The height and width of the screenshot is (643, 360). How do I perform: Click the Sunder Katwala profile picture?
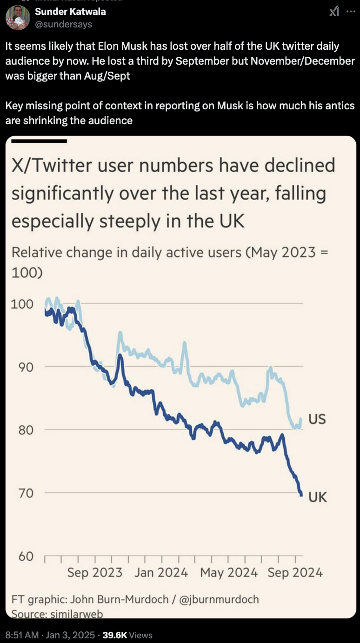pos(18,18)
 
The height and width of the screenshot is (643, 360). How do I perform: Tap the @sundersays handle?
pos(64,24)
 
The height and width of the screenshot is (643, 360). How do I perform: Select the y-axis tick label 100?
pos(22,304)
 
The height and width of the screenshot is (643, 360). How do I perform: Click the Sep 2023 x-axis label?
pos(94,572)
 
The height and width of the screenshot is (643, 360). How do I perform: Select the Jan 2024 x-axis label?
pos(161,572)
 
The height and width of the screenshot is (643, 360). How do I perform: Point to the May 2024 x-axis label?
pos(228,572)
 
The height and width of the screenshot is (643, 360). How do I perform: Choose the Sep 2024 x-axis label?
pos(295,572)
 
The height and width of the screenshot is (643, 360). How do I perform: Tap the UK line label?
pos(318,497)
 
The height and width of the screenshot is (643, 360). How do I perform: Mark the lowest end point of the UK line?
pos(301,495)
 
